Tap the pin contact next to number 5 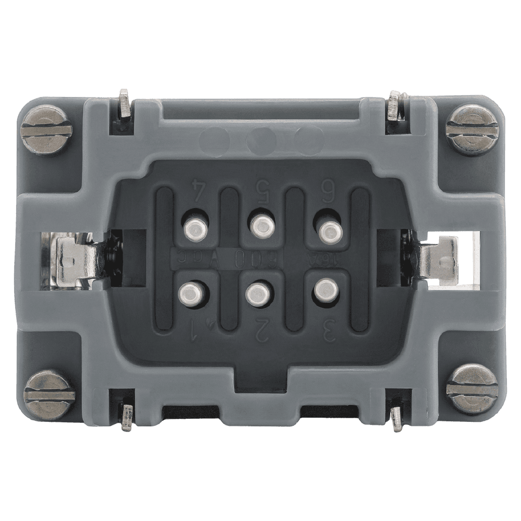(262, 224)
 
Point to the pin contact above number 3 (325, 290)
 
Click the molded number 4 (197, 190)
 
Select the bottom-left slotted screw (50, 395)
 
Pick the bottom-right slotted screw (472, 390)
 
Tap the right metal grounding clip (437, 260)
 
